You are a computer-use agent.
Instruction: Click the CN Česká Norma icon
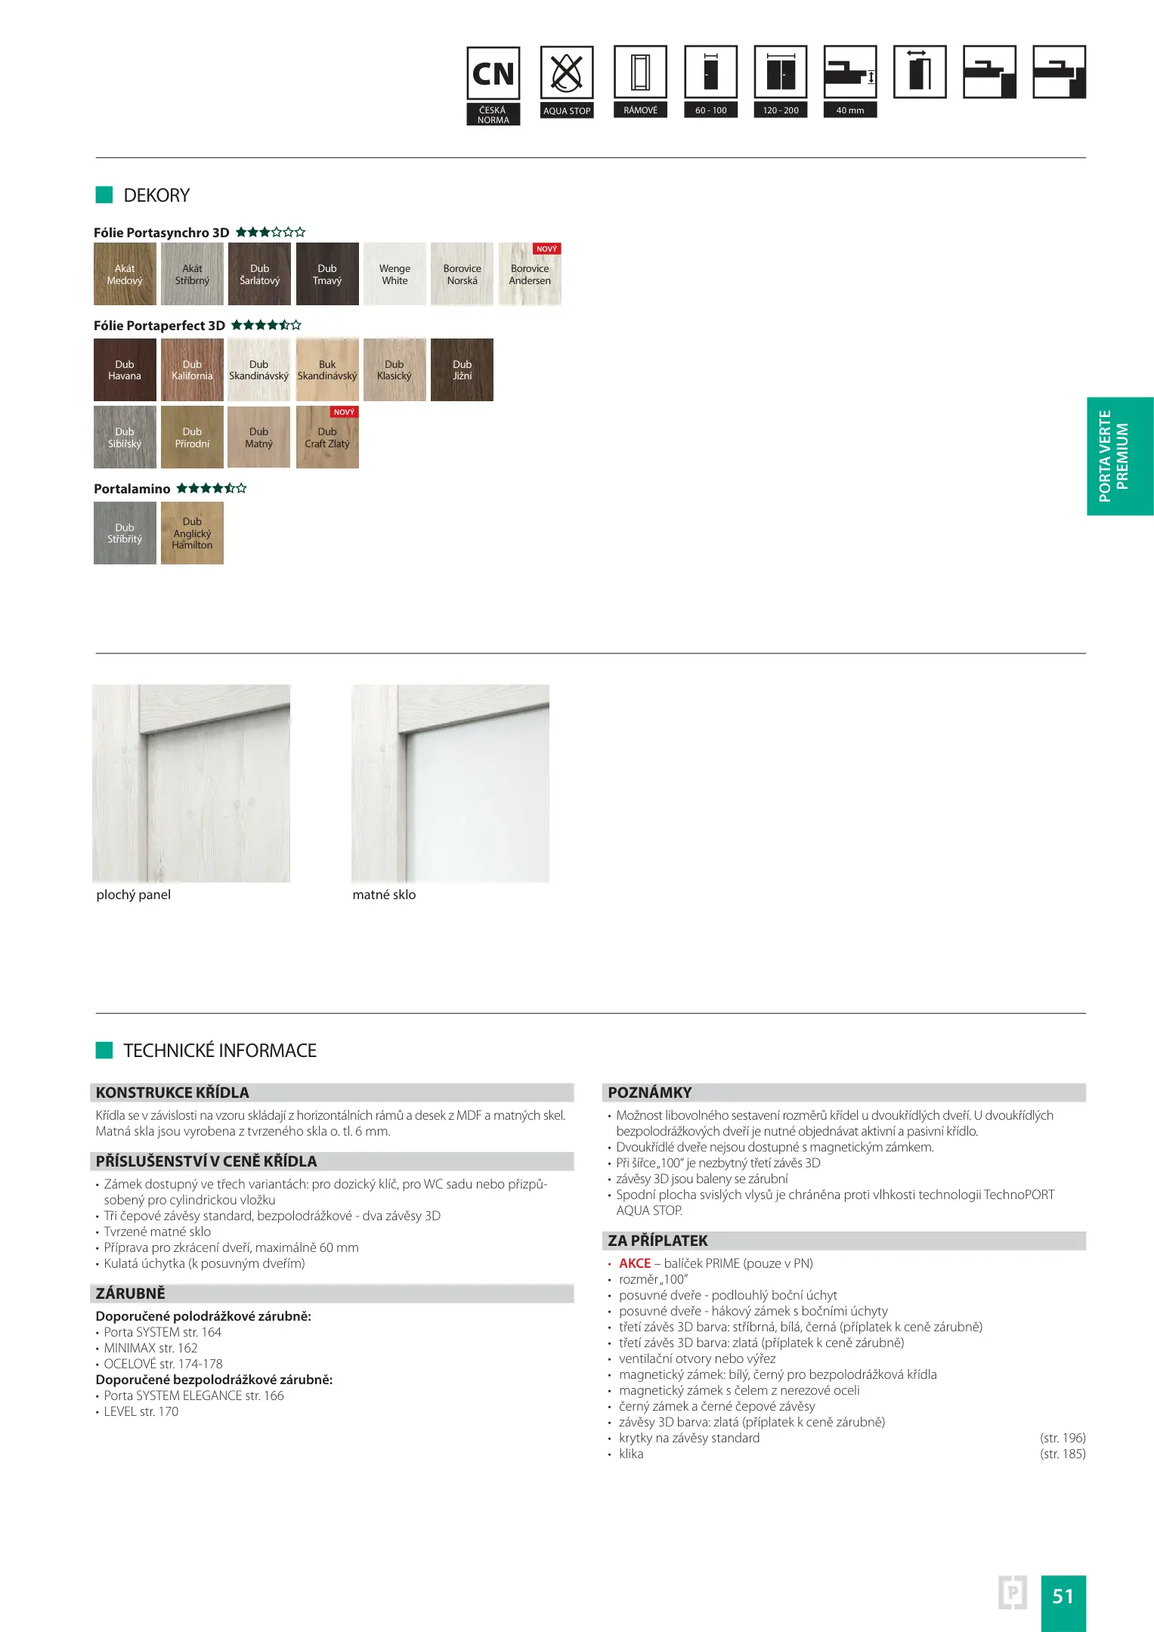(x=493, y=85)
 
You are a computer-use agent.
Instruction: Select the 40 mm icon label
(x=850, y=110)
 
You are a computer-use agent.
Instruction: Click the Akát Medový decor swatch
(x=125, y=274)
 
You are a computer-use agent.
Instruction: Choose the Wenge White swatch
(x=394, y=274)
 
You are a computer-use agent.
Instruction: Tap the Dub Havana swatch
(x=125, y=369)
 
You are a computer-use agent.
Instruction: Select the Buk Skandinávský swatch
(x=327, y=369)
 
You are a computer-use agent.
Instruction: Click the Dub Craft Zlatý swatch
(x=327, y=438)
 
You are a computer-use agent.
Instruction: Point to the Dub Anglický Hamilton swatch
(x=192, y=533)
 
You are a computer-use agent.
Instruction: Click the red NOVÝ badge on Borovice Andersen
(x=546, y=249)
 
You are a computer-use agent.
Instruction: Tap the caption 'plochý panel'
(x=134, y=895)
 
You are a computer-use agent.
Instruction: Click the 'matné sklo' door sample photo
(x=450, y=783)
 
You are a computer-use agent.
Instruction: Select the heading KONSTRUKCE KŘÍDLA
(x=172, y=1093)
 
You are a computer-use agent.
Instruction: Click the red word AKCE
(x=635, y=1263)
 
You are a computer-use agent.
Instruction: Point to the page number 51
(x=1063, y=1596)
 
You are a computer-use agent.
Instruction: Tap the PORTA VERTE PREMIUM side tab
(x=1120, y=456)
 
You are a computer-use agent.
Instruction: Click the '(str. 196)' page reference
(x=1063, y=1438)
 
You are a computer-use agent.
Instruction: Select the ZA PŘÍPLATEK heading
(x=657, y=1241)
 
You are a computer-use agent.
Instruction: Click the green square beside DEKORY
(x=104, y=195)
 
